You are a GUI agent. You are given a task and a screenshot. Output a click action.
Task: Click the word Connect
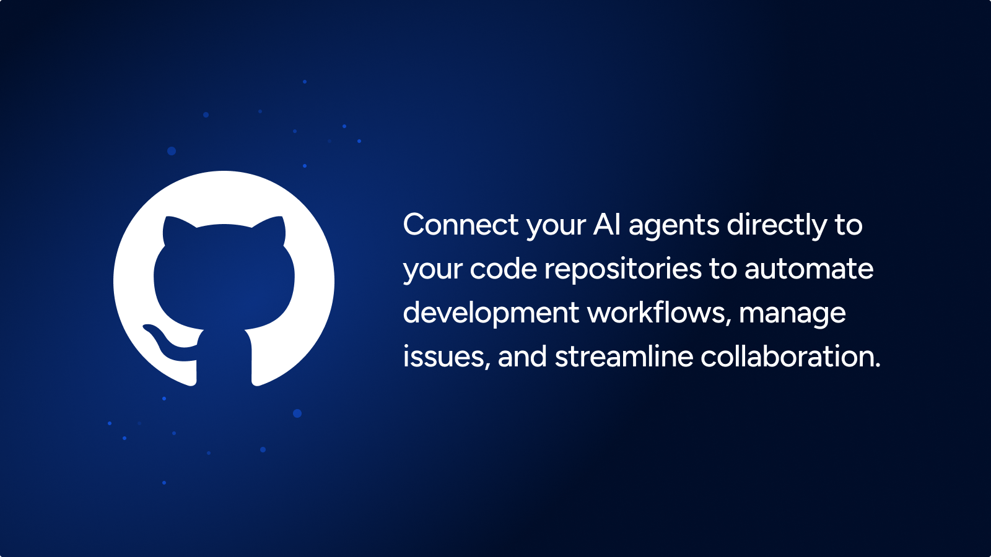click(461, 225)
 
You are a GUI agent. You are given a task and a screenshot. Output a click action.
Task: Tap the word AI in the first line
click(606, 225)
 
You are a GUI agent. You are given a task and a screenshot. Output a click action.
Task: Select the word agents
click(674, 227)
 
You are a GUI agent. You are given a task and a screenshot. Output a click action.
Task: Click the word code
click(504, 269)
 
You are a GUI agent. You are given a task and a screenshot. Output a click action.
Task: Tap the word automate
click(809, 269)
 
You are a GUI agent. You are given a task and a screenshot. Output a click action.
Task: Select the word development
click(491, 313)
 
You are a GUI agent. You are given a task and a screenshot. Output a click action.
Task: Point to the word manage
click(792, 315)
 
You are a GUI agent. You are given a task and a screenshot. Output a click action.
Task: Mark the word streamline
click(624, 356)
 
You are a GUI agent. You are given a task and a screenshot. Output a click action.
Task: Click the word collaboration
click(790, 356)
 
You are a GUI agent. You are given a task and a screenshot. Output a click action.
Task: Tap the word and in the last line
click(522, 356)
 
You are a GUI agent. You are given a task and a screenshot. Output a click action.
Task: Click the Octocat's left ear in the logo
click(177, 229)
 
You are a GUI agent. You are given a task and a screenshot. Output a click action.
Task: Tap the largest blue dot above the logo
click(172, 151)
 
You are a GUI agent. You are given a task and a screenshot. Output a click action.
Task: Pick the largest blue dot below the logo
click(297, 413)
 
